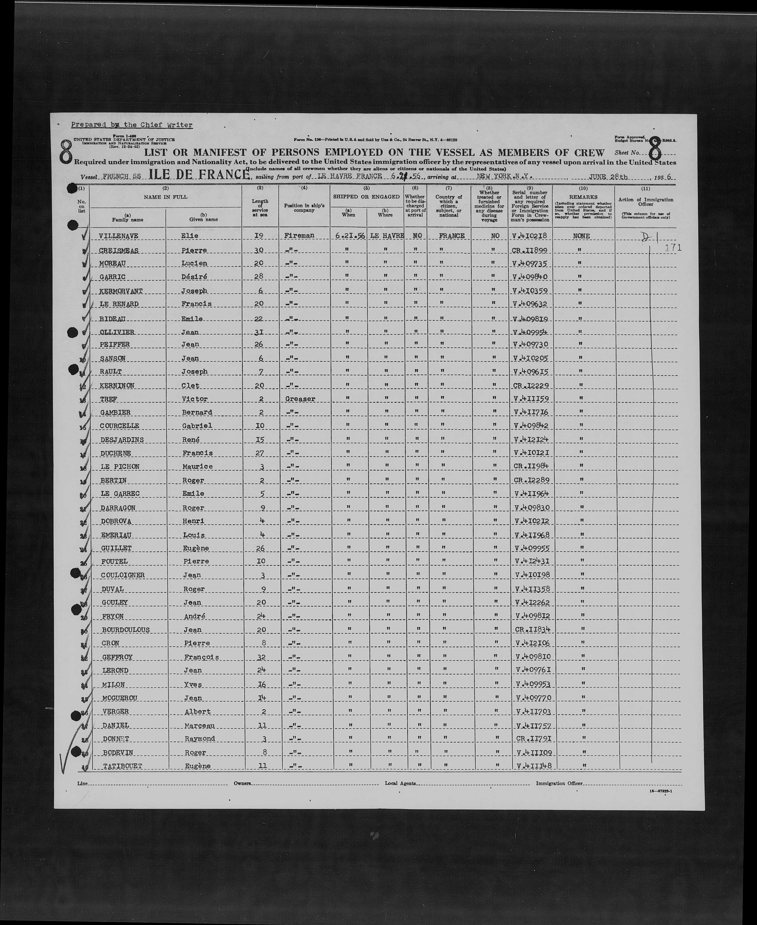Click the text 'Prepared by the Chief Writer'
[132, 125]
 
